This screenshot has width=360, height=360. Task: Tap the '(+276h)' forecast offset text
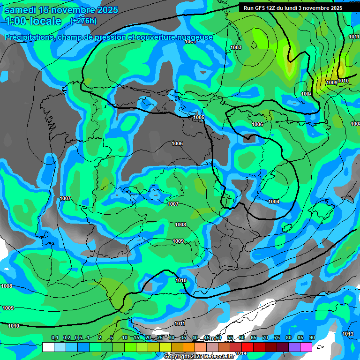(83, 21)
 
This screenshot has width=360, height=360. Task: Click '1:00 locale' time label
(33, 21)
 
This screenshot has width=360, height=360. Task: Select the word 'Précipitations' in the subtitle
(29, 37)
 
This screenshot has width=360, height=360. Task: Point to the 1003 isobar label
(236, 47)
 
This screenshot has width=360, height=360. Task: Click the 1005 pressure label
(199, 117)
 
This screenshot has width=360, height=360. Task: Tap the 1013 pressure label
(347, 334)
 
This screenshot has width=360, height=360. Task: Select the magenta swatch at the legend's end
(319, 347)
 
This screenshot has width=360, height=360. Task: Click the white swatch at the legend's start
(48, 347)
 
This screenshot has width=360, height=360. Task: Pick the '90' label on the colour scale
(312, 338)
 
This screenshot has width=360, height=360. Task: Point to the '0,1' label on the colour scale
(55, 338)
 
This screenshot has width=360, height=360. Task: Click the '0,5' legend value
(78, 338)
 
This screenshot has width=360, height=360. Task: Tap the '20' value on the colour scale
(148, 338)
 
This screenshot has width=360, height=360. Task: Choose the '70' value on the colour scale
(265, 338)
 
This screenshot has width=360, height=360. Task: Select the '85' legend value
(300, 338)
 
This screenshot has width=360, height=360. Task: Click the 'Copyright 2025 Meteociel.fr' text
(199, 356)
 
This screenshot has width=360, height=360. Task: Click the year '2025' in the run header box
(335, 8)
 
